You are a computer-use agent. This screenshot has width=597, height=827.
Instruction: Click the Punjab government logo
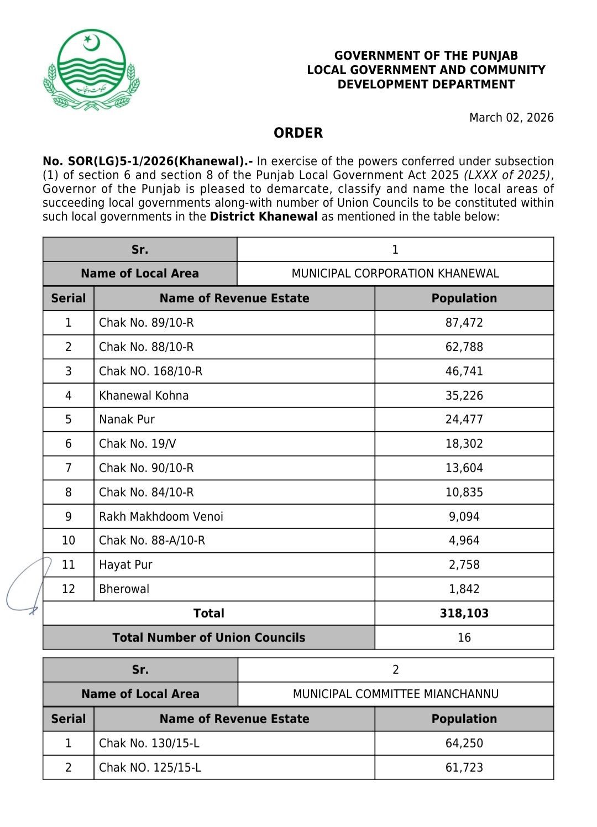[92, 70]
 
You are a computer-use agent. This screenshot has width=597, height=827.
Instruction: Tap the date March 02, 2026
[511, 117]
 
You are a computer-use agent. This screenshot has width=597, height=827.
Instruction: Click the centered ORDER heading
[298, 133]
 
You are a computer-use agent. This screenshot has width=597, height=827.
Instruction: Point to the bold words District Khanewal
[264, 217]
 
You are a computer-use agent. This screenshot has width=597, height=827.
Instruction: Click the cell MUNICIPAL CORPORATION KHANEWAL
[395, 274]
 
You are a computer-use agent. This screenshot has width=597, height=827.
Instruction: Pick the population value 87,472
[464, 323]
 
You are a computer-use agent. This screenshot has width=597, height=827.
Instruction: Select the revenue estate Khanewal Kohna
[144, 396]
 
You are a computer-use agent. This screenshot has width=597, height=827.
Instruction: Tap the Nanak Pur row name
[127, 420]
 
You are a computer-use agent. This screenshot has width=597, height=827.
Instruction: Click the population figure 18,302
[464, 444]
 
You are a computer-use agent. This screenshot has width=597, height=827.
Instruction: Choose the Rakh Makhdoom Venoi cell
[161, 517]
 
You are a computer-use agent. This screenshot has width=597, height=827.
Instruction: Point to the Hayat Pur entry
[125, 565]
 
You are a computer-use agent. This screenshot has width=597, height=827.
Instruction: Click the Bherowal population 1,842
[464, 589]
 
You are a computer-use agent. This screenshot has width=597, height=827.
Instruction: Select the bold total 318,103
[464, 614]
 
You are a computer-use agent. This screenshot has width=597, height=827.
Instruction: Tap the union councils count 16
[464, 638]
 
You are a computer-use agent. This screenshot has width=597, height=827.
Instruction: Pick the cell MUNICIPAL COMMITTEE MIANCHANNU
[395, 694]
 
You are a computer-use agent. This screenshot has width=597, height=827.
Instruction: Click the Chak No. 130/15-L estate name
[149, 744]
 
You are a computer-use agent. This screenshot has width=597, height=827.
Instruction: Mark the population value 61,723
[464, 768]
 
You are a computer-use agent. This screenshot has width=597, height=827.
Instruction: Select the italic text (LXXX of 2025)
[507, 175]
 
